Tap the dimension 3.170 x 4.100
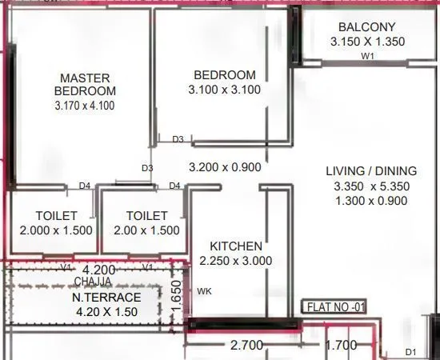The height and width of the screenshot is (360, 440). click(85, 105)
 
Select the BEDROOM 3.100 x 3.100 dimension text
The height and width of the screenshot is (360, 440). click(224, 90)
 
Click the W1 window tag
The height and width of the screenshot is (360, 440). click(367, 56)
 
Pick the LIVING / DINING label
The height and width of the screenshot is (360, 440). click(371, 170)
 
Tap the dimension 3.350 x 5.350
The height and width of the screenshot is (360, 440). click(372, 186)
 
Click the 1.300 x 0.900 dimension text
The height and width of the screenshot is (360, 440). click(372, 201)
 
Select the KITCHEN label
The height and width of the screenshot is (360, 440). click(235, 246)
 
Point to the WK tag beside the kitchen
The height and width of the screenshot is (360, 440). click(204, 291)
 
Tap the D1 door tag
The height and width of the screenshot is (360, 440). click(411, 352)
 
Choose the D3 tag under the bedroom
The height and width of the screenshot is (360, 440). click(178, 140)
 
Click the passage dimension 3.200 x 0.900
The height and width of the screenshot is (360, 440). click(224, 168)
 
